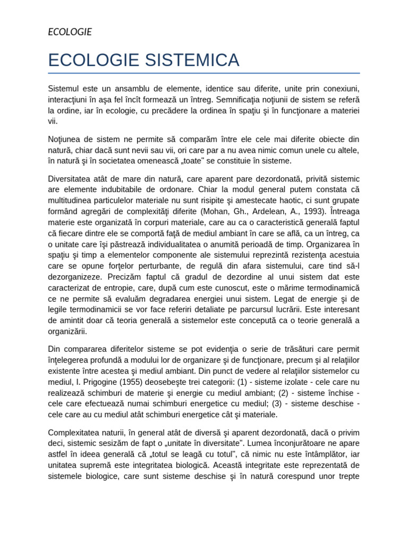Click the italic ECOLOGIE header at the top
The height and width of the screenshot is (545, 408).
pos(70,32)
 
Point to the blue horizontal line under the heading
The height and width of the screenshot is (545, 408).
pos(203,73)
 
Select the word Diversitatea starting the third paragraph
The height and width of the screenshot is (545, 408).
pos(72,178)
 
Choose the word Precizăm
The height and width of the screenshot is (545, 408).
pos(125,277)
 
